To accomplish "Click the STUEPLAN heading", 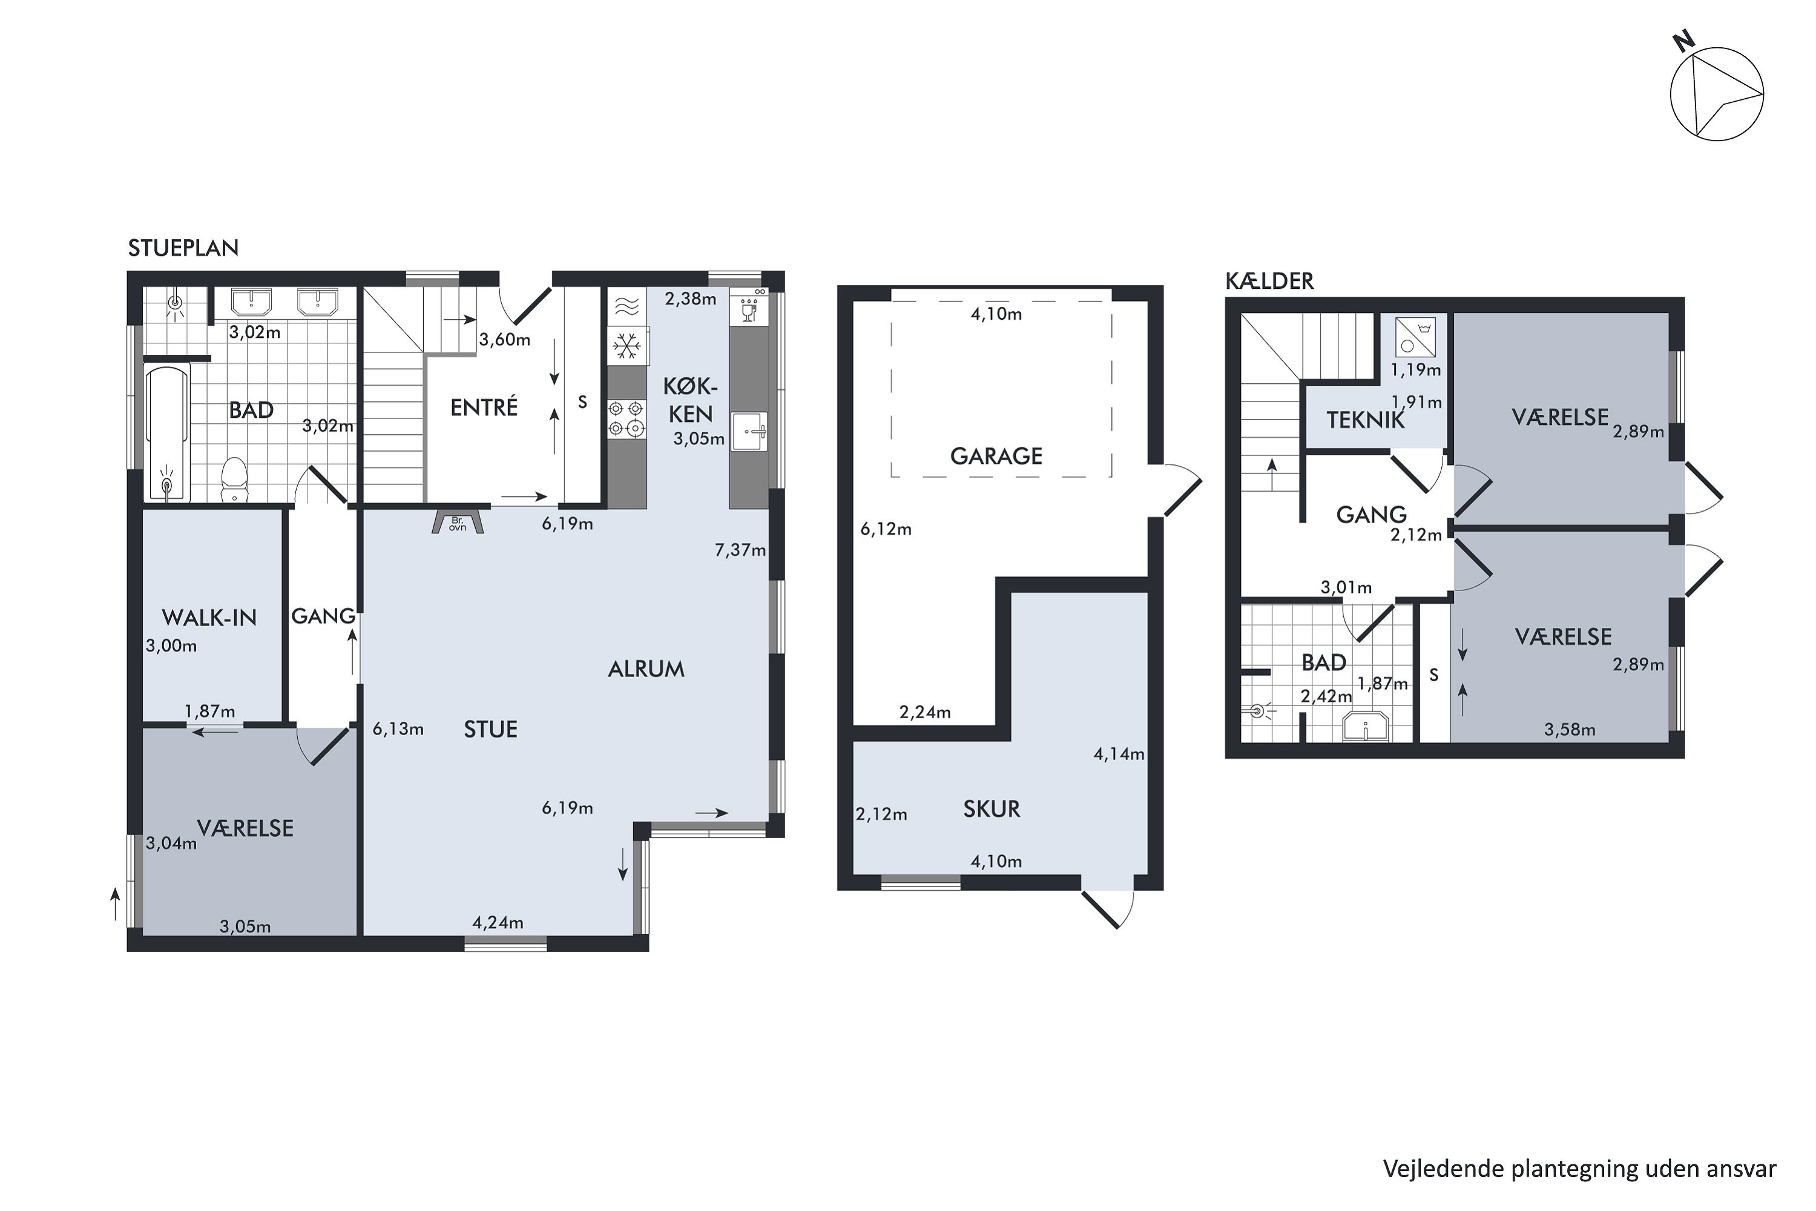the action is click(x=183, y=248).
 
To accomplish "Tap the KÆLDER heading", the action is click(x=1269, y=281).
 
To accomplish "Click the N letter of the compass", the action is click(x=1684, y=62).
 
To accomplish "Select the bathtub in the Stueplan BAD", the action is click(x=168, y=434).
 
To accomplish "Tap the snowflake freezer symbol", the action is click(x=627, y=345).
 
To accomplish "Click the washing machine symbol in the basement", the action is click(x=1415, y=337).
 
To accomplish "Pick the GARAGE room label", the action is click(x=996, y=457).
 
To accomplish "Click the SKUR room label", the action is click(x=992, y=810).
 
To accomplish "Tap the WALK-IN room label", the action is click(x=209, y=618).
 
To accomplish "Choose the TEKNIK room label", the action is click(x=1366, y=420).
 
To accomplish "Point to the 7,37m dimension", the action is click(x=740, y=550).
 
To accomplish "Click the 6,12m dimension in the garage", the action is click(x=886, y=529).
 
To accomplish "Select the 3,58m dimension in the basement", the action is click(x=1570, y=730).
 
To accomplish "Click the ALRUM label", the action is click(x=646, y=669).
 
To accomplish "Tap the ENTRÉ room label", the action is click(x=484, y=407).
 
